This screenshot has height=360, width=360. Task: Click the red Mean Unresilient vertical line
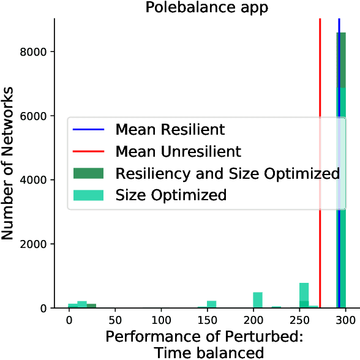coord(320,73)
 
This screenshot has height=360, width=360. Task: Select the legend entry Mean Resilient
coord(170,130)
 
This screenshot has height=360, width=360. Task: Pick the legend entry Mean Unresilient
coord(178,151)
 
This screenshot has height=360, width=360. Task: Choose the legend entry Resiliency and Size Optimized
coord(227,173)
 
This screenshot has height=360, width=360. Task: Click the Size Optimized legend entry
coord(171,195)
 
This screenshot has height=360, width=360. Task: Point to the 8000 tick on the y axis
coord(38,52)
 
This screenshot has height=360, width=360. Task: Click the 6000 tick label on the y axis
coord(38,116)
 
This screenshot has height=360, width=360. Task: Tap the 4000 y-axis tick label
coord(38,180)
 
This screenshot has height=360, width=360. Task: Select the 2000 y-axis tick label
coord(38,244)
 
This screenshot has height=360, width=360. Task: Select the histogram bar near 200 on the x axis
coord(258,301)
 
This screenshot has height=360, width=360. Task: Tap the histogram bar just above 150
coord(212,304)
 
